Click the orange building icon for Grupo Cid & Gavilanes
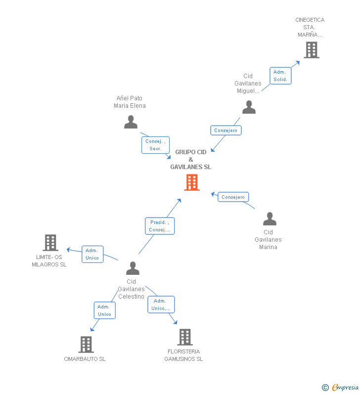pos(191,182)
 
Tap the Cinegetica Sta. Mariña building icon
pos(311,50)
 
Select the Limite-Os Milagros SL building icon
pos(50,243)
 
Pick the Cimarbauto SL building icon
pos(86,345)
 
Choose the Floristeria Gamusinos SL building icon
pos(184,337)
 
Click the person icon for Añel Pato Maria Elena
pos(131,122)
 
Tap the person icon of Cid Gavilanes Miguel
pos(249,107)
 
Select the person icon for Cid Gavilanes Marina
pos(270,219)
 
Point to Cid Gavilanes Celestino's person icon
pos(133,268)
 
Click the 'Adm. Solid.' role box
pos(280,76)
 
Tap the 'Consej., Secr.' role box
pos(155,145)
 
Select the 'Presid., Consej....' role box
pos(160,226)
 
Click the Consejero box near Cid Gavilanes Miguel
pos(226,131)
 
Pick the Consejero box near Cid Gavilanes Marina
pos(233,197)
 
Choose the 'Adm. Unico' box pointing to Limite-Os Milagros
pos(92,254)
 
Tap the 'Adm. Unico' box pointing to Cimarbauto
pos(104,310)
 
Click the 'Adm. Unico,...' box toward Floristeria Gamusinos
pos(161,305)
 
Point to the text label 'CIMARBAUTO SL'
pos(85,359)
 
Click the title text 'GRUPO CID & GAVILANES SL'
pos(191,160)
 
